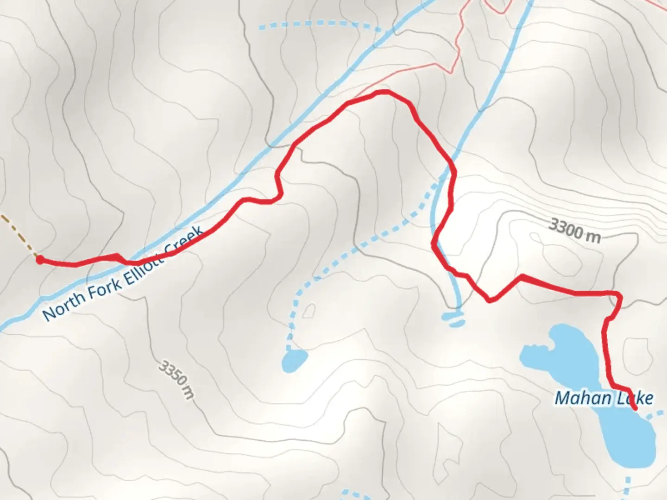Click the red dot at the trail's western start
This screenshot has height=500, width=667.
(x=40, y=260)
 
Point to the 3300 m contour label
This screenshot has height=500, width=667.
(x=574, y=230)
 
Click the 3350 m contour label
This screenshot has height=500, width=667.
(x=176, y=379)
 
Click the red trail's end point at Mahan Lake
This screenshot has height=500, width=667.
(x=634, y=408)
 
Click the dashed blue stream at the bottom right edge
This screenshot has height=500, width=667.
(x=627, y=486)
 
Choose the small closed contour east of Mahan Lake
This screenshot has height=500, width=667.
(x=636, y=352)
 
